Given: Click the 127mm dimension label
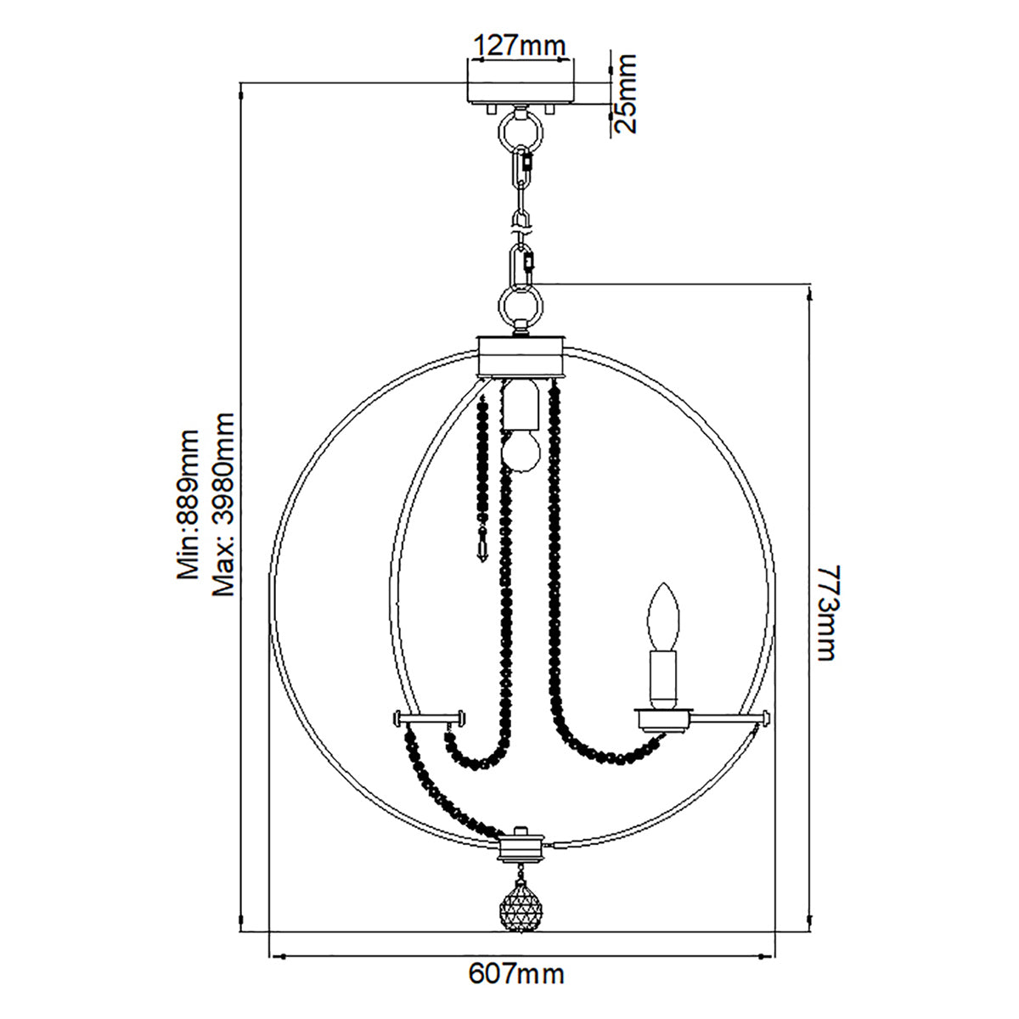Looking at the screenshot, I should (x=519, y=45).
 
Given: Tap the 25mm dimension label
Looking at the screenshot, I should (x=625, y=93).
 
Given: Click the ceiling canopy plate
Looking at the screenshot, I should (x=520, y=93).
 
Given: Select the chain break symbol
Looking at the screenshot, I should (x=520, y=222).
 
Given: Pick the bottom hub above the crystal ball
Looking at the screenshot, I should (x=520, y=847).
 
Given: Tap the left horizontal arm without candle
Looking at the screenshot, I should (x=429, y=719).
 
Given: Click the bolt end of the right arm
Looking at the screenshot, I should (x=767, y=718).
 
